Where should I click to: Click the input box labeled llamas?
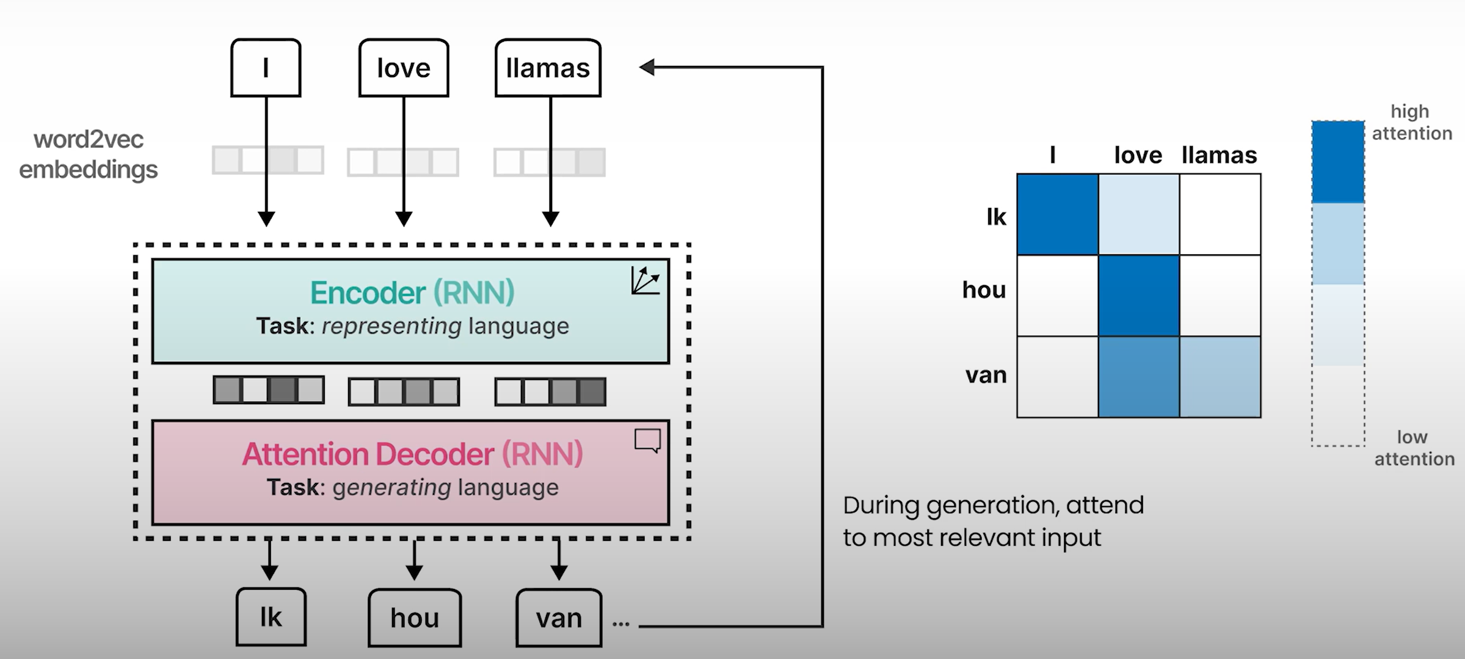coord(548,68)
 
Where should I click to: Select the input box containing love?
coord(404,68)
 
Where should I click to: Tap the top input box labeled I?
coord(266,68)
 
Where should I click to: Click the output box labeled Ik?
coord(271,617)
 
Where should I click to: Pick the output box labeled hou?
coord(415,617)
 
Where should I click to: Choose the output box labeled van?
coord(559,617)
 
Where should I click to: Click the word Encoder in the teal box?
coord(368,293)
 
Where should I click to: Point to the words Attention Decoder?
coord(368,454)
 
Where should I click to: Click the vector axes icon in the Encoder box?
coord(645,280)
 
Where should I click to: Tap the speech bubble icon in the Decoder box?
coord(647,440)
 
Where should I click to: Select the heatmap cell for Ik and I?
coord(1058,214)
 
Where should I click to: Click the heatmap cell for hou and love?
coord(1139,296)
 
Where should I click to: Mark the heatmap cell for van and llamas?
coord(1220,377)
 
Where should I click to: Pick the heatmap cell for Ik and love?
coord(1139,214)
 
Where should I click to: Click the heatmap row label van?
coord(986,375)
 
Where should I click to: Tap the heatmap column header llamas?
coord(1219,155)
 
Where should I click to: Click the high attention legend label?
coord(1411,122)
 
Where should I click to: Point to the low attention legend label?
coord(1414,448)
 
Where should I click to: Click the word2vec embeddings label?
coord(89,155)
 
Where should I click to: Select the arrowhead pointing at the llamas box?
coord(647,67)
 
